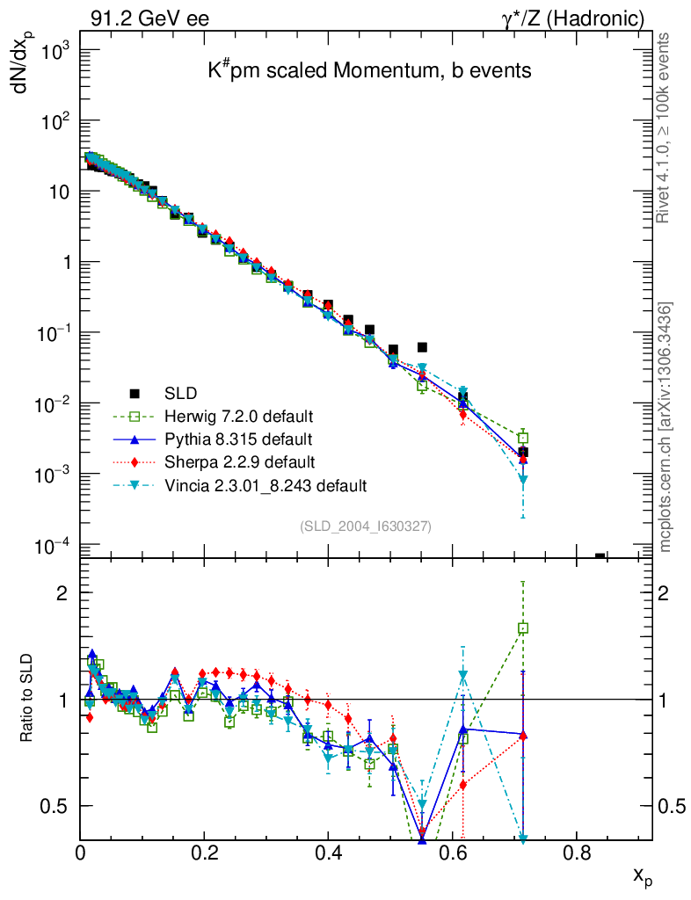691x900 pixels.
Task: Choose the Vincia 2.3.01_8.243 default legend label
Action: (265, 484)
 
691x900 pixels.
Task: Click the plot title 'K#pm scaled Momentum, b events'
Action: (369, 71)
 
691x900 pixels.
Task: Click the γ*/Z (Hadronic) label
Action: (572, 18)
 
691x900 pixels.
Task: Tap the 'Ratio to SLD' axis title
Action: (27, 699)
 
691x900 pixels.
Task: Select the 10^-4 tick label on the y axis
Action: (51, 546)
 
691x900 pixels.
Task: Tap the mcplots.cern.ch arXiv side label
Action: (666, 427)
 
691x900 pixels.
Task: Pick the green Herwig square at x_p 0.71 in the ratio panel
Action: (523, 628)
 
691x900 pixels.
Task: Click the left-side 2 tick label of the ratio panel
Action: (62, 593)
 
